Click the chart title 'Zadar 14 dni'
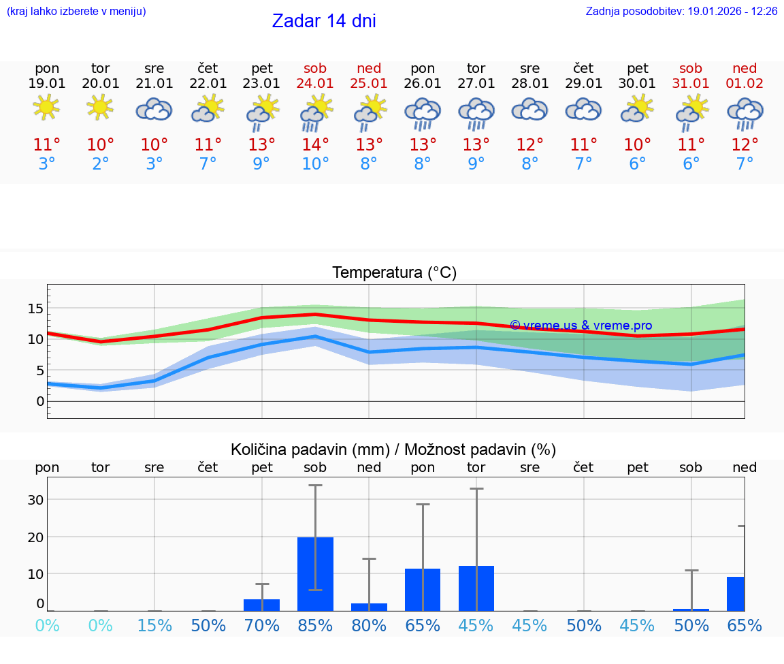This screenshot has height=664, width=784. tap(324, 21)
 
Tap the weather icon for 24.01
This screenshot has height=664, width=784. tap(316, 112)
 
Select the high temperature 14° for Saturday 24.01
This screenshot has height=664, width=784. tap(316, 145)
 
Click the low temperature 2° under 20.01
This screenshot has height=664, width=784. tap(101, 164)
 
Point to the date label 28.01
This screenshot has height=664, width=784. tap(529, 84)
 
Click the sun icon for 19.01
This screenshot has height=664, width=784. tap(47, 107)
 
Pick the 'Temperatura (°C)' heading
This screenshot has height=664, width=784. tap(394, 273)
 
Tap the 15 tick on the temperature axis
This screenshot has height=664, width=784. tap(35, 309)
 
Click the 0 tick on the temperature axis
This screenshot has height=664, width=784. tap(40, 401)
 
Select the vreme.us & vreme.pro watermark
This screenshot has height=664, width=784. tap(581, 326)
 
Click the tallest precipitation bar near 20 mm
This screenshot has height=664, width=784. tap(316, 573)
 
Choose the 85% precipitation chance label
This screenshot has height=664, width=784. tap(316, 626)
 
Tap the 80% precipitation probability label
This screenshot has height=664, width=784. tap(369, 626)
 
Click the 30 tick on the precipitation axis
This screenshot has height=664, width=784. tap(35, 499)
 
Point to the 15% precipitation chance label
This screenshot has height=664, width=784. tap(154, 626)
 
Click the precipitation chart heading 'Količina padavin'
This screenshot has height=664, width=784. tap(393, 449)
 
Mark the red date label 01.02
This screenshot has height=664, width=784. tap(745, 84)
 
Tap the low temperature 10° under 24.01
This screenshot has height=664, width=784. tap(316, 164)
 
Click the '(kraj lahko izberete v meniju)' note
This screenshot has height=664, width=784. tap(76, 12)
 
